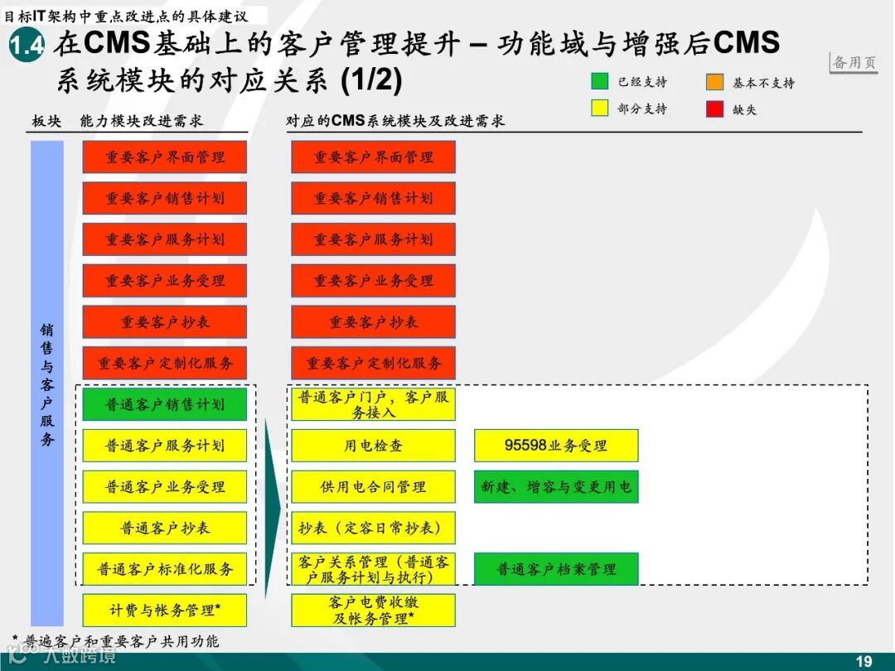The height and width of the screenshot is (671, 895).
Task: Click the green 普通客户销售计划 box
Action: (x=165, y=404)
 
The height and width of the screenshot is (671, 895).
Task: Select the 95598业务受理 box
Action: (x=556, y=446)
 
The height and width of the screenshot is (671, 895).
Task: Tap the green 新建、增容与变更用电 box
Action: (x=556, y=487)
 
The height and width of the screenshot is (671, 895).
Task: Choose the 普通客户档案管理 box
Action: (x=556, y=569)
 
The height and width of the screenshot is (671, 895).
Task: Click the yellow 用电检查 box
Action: (x=373, y=446)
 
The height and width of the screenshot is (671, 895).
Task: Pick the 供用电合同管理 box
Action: (x=373, y=487)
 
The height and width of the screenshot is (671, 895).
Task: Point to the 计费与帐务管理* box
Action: (x=165, y=611)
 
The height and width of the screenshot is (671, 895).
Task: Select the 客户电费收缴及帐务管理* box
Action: (x=373, y=611)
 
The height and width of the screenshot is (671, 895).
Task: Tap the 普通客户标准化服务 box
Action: (x=165, y=569)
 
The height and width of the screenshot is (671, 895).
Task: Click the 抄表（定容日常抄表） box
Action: (x=373, y=528)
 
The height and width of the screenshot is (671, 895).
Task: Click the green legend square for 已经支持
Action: (x=599, y=82)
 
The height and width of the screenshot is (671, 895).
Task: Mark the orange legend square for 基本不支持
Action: (x=714, y=82)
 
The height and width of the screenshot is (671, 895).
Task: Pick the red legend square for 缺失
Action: (x=714, y=109)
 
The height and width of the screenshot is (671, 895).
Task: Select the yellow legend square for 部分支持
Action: (x=599, y=109)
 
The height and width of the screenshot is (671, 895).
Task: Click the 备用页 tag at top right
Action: (x=854, y=63)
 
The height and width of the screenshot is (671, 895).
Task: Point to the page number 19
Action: (x=864, y=660)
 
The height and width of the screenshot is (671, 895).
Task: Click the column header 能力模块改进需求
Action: (x=141, y=121)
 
